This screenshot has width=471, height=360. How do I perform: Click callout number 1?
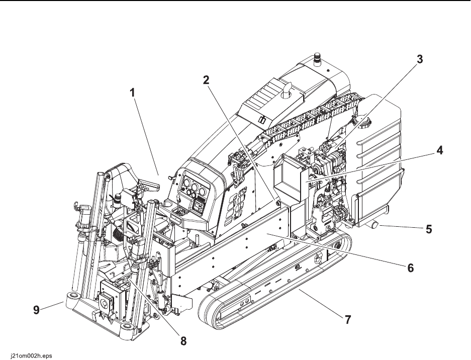(132, 93)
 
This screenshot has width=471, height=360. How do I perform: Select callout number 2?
(206, 80)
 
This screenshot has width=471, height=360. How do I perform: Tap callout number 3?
(420, 59)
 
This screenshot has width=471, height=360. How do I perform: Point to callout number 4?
(439, 150)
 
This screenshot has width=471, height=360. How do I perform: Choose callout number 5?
(429, 229)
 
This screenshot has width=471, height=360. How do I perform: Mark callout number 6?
(410, 267)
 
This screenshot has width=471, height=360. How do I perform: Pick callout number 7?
(347, 320)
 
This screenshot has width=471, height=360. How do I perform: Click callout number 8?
(183, 341)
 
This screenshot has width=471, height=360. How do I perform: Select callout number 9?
(36, 310)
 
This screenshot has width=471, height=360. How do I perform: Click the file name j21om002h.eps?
(27, 356)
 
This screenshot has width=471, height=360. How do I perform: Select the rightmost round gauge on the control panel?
(204, 191)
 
